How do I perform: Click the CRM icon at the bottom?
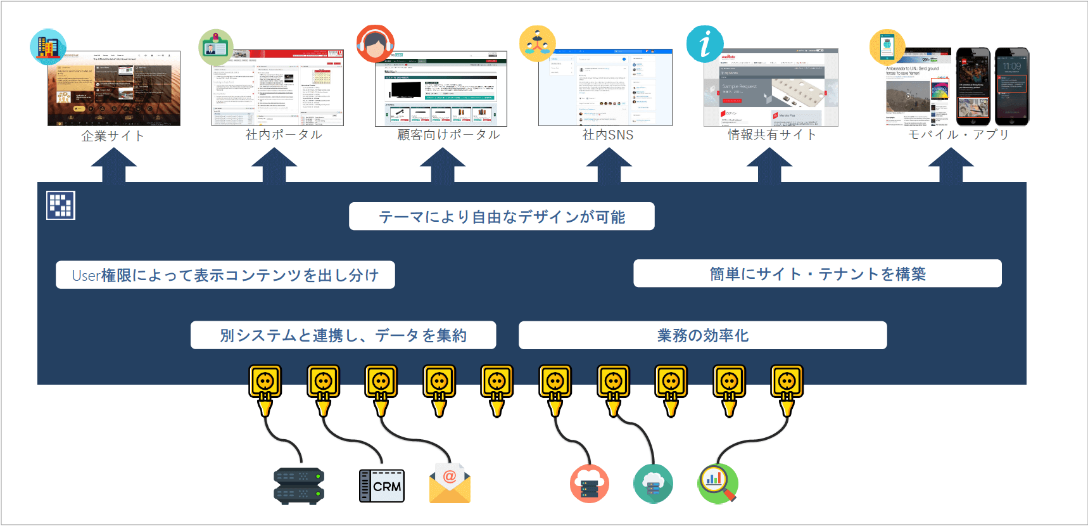(381, 485)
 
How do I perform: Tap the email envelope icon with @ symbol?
(450, 483)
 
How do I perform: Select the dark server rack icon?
(299, 486)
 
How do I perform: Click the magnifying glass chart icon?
(718, 484)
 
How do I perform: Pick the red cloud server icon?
(589, 484)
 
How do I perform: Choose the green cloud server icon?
(653, 484)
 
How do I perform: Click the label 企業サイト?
(113, 136)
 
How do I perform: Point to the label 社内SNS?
(607, 134)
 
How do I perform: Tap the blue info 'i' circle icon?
(704, 44)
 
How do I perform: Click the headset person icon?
(375, 44)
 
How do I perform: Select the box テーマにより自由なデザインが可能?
(502, 217)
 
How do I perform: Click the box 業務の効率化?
(702, 335)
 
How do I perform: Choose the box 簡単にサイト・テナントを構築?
(817, 274)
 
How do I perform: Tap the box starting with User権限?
(225, 275)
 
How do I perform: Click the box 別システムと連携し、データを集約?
(343, 335)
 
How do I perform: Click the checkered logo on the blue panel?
(61, 205)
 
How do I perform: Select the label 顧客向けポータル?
(448, 134)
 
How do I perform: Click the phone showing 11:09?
(1011, 86)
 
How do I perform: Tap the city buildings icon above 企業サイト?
(48, 47)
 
